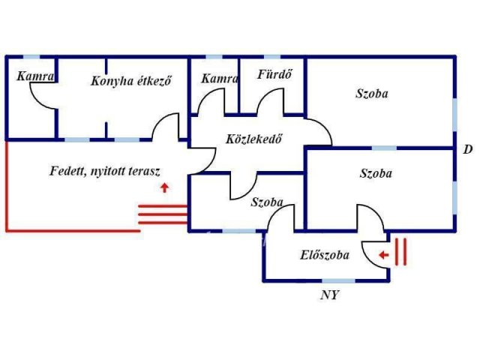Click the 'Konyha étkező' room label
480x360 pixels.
point(131,81)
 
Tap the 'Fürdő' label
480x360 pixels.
point(274,75)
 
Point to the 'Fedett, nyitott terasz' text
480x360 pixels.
point(105,171)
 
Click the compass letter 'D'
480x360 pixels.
point(467,149)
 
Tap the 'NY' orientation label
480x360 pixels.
point(329,295)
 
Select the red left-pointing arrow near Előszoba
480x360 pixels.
point(383,255)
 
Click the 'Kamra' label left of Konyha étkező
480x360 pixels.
point(34,76)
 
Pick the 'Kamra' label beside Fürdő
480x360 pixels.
point(220,77)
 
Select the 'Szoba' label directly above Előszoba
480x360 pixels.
point(376,173)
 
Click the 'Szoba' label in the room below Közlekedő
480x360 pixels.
point(267,202)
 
